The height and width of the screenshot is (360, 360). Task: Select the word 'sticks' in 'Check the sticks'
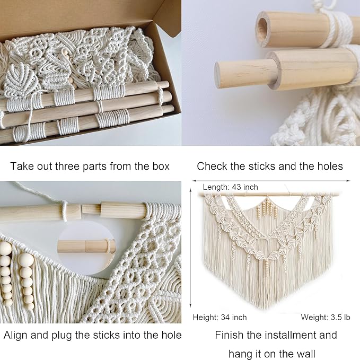(261, 166)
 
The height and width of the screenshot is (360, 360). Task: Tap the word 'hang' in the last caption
(240, 353)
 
